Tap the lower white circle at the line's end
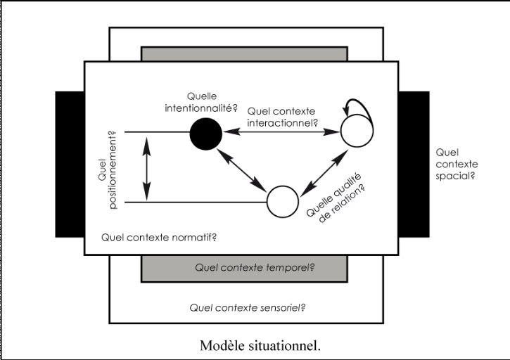pos(282,202)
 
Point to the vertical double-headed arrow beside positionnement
pos(146,167)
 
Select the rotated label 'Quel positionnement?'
pos(113,167)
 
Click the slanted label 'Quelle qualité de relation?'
pos(336,195)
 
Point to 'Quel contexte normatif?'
pos(158,236)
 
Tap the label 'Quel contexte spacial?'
pos(454,163)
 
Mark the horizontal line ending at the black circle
pos(157,131)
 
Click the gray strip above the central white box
pos(244,53)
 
